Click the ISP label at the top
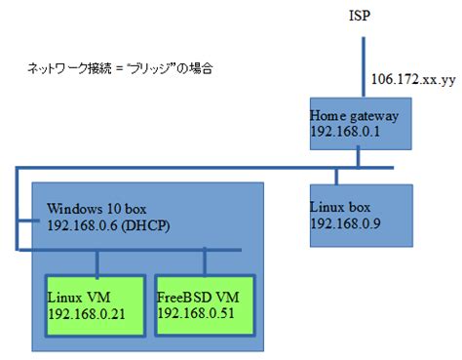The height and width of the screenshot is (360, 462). click(362, 17)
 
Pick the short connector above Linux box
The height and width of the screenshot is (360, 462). click(336, 176)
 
